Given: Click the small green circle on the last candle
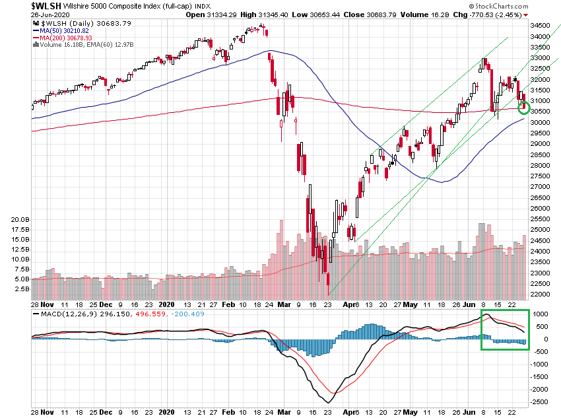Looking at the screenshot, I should point(525,107).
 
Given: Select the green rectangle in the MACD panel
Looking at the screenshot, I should point(504,330).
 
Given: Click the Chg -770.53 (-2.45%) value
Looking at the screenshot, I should point(478,14).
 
